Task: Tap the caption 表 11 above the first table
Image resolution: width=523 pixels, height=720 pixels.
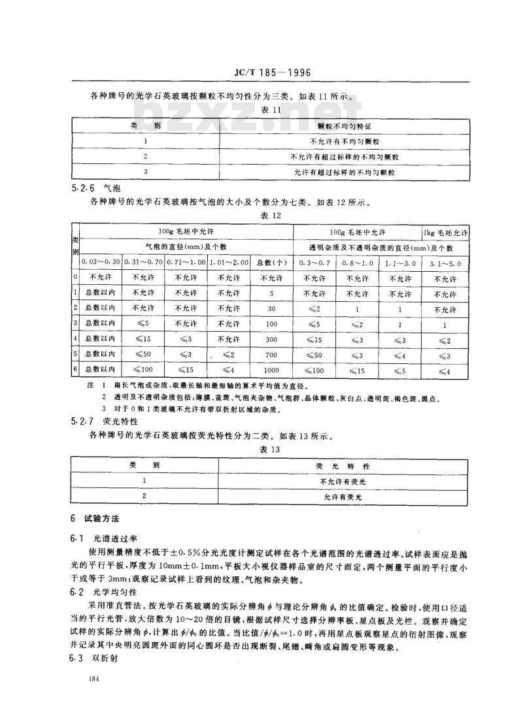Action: [269, 109]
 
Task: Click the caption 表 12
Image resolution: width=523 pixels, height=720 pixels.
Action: [270, 215]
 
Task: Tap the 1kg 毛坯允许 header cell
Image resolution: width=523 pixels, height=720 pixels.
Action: [446, 233]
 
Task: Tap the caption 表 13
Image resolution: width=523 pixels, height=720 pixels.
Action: [270, 450]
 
